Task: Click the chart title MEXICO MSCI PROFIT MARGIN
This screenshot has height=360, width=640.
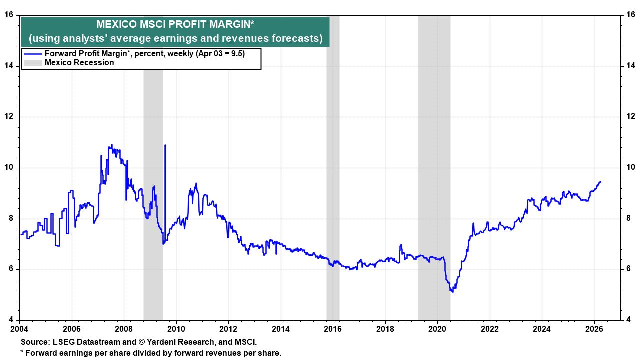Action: (x=175, y=24)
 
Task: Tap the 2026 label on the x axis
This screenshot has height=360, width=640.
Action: (x=593, y=329)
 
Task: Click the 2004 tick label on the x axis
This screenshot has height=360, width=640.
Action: (x=19, y=329)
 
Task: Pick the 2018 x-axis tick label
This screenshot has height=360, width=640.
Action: (x=385, y=329)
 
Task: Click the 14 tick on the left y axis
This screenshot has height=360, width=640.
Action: (x=9, y=66)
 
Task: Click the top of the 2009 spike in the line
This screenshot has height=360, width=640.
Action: (x=165, y=145)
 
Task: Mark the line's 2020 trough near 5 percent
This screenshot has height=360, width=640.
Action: (x=452, y=291)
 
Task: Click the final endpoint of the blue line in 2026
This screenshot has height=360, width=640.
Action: (x=600, y=182)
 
